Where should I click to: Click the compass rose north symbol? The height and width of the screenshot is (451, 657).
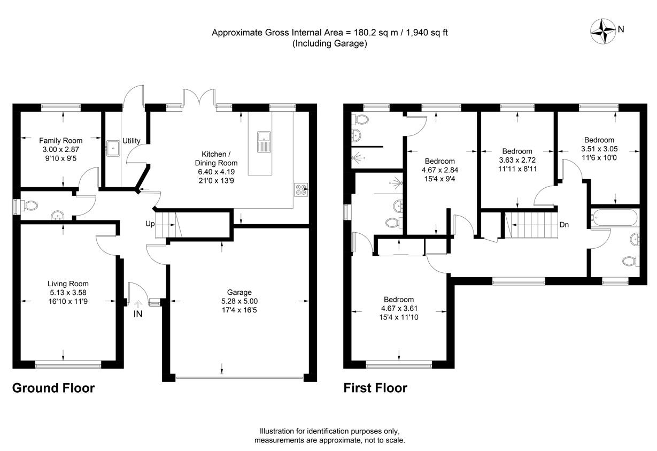click(602, 30)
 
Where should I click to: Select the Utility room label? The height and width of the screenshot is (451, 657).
click(132, 141)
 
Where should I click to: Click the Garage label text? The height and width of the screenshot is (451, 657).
click(239, 292)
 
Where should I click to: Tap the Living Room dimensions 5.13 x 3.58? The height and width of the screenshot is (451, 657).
click(68, 293)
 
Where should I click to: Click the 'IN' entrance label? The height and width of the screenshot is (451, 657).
click(138, 314)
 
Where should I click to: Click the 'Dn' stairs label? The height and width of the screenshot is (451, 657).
click(564, 225)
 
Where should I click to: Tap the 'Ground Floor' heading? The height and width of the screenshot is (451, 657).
click(53, 388)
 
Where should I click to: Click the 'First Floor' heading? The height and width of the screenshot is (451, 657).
click(375, 388)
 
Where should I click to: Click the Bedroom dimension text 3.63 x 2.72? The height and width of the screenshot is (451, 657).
click(517, 160)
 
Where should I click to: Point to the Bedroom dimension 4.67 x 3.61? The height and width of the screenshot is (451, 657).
click(398, 309)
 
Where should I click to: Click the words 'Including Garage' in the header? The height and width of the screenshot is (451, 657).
click(329, 44)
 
